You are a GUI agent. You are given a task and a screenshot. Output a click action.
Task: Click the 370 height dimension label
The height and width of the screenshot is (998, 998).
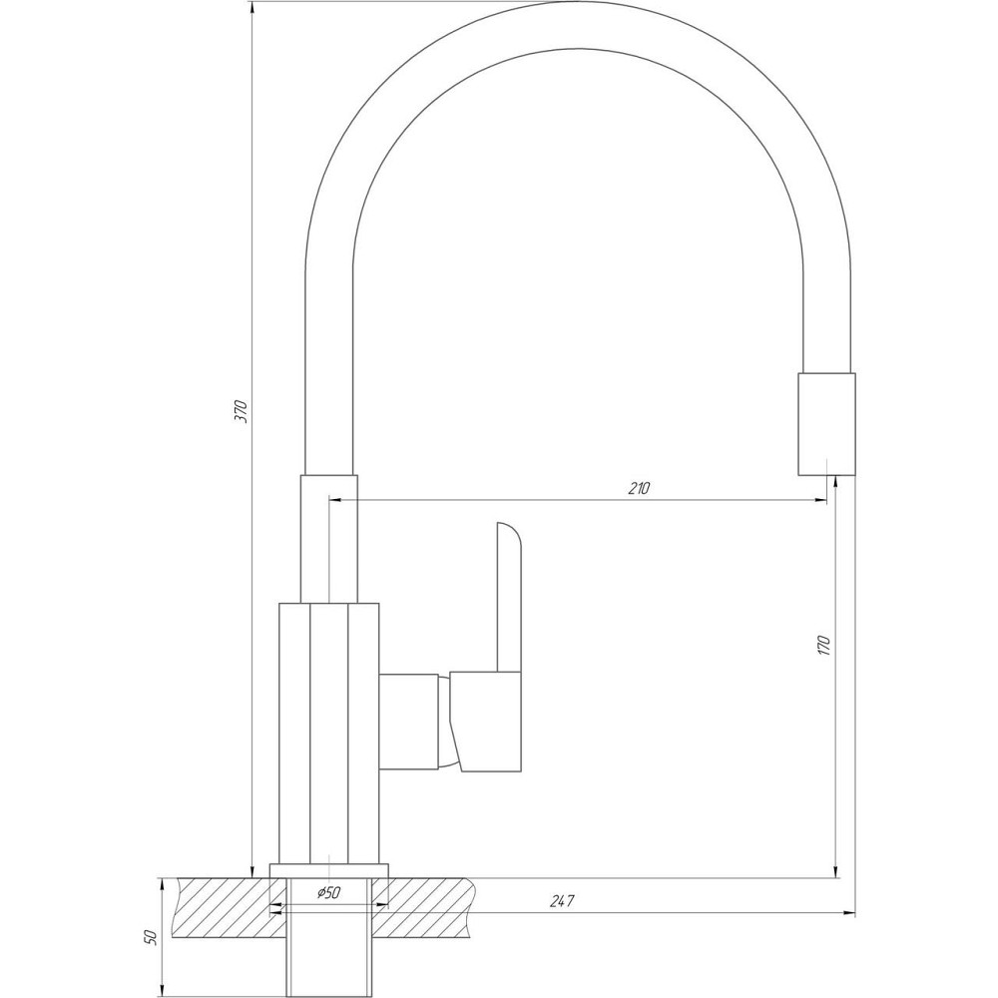coord(240,411)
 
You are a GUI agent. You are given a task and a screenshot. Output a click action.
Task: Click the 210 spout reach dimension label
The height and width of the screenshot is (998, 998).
coord(639,488)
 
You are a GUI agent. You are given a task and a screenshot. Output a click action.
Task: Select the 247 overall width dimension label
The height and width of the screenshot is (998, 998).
coord(562,901)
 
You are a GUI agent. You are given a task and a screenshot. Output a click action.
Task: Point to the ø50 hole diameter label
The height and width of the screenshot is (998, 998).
coord(328,893)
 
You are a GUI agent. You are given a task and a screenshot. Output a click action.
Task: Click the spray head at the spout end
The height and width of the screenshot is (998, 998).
coord(826,424)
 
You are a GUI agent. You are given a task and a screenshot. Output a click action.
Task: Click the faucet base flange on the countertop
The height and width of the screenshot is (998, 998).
coord(328,869)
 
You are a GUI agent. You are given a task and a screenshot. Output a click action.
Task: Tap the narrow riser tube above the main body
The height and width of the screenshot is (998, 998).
coord(328,539)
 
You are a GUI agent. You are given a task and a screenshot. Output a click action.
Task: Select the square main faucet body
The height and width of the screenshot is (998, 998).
coord(328,734)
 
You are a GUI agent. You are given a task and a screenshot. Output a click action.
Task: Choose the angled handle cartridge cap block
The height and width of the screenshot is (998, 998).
coord(487,721)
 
